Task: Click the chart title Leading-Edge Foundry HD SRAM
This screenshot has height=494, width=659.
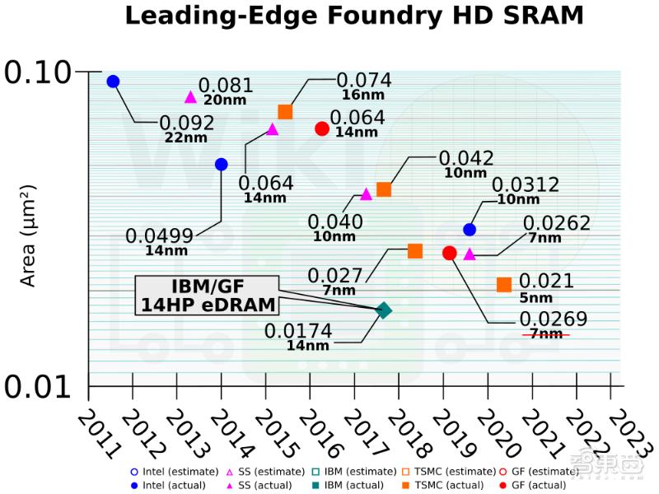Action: pos(354,16)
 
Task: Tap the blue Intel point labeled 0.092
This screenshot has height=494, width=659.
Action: pos(113,82)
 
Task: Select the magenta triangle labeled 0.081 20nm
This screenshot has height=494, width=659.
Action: pos(190,97)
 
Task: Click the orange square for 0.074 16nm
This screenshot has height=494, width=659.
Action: pos(285,112)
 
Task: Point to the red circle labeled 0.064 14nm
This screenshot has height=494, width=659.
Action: pos(322,128)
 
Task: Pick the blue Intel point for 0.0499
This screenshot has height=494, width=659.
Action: pos(221,165)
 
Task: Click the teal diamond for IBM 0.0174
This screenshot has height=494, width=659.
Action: pos(383,310)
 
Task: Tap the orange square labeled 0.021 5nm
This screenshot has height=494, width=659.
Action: pos(504,285)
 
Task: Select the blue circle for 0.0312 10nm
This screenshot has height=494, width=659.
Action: pos(470,230)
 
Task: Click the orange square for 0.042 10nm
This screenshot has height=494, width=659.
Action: pos(383,189)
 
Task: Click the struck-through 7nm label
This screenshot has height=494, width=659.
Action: pos(546,334)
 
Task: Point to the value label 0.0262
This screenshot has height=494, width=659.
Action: pos(557,223)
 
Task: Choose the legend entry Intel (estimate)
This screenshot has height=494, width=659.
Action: pos(170,472)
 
